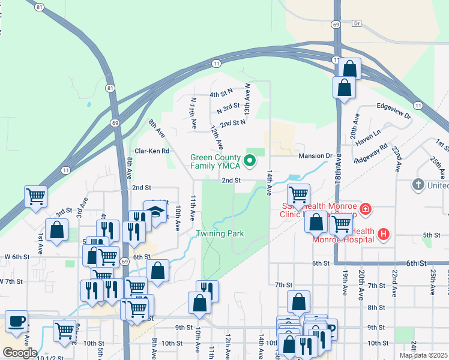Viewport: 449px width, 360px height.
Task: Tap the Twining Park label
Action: pos(220,233)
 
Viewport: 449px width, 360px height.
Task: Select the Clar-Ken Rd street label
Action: pos(152,151)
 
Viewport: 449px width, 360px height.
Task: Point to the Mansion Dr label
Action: pos(315,156)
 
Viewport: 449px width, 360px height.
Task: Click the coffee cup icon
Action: pos(16,321)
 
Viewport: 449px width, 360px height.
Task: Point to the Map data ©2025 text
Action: pos(423,355)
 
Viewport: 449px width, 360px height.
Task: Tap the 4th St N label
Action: pos(221,94)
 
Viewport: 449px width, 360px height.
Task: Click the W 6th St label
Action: pos(14,257)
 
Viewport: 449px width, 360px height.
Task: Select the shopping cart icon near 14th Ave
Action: pos(298,194)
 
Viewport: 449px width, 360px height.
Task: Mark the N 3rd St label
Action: pos(228,108)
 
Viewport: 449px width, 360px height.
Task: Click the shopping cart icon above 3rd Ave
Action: pos(36,196)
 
